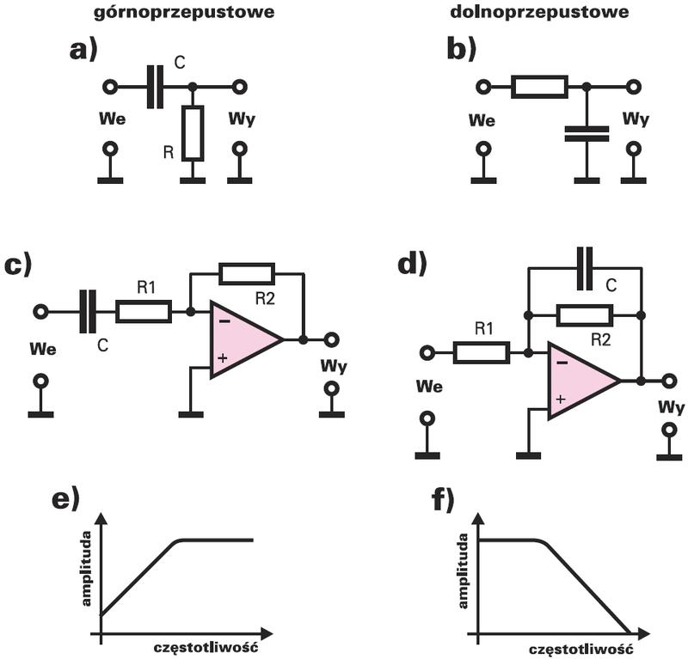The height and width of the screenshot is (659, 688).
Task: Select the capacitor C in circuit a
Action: (155, 87)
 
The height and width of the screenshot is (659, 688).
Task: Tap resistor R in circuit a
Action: (193, 134)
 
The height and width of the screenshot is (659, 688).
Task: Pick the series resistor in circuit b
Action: (539, 87)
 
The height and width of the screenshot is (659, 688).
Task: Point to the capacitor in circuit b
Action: (587, 132)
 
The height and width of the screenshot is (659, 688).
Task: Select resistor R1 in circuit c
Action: (144, 311)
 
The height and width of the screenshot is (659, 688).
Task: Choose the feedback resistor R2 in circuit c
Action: (247, 275)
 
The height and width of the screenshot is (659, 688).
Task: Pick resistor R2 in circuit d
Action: (585, 314)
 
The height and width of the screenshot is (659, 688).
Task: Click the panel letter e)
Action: (65, 500)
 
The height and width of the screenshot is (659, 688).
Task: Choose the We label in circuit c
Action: (42, 351)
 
